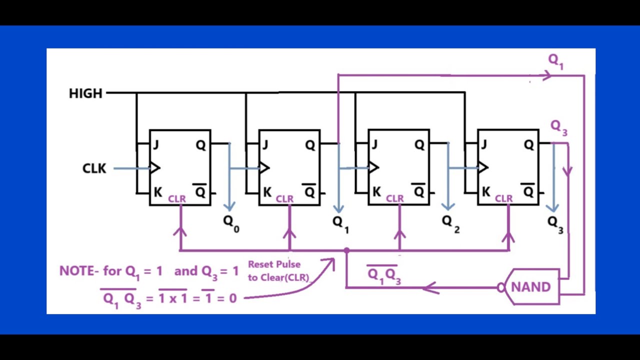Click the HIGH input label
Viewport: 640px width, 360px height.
click(x=85, y=93)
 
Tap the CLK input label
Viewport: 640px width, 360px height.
click(x=94, y=168)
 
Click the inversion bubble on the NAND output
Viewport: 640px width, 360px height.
click(x=501, y=287)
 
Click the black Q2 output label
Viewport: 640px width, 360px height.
click(x=450, y=223)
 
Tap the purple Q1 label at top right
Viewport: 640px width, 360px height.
click(x=556, y=61)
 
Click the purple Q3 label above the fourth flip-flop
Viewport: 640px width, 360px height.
click(x=558, y=128)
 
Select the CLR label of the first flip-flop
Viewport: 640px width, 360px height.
click(x=177, y=199)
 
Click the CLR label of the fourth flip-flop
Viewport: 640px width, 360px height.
click(x=503, y=199)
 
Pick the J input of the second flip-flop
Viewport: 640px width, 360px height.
click(x=265, y=145)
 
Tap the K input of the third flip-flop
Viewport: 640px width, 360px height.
click(x=376, y=191)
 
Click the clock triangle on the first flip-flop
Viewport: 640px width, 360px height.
click(x=155, y=168)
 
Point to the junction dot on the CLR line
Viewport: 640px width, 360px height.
click(x=346, y=250)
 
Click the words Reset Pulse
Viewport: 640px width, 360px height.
click(x=274, y=264)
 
